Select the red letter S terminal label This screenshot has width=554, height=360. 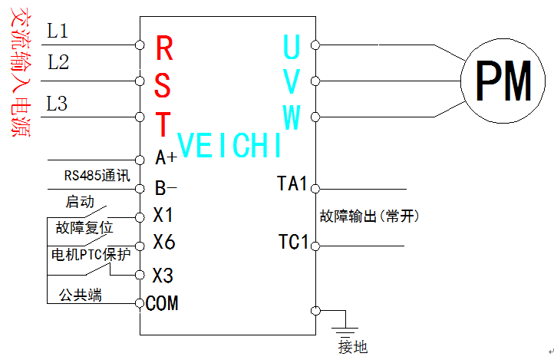(164, 84)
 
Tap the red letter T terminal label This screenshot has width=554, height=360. (164, 123)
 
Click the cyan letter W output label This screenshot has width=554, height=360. (291, 117)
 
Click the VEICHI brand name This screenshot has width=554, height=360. (229, 146)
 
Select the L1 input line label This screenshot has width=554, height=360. (58, 31)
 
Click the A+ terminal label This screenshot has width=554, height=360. (166, 158)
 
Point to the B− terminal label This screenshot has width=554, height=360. (166, 187)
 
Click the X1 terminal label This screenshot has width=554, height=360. (163, 214)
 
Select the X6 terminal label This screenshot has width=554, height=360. (163, 243)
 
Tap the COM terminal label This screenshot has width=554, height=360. (162, 303)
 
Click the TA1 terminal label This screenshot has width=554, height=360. (292, 184)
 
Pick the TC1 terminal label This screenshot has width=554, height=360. (293, 243)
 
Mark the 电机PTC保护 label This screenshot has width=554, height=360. (90, 255)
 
